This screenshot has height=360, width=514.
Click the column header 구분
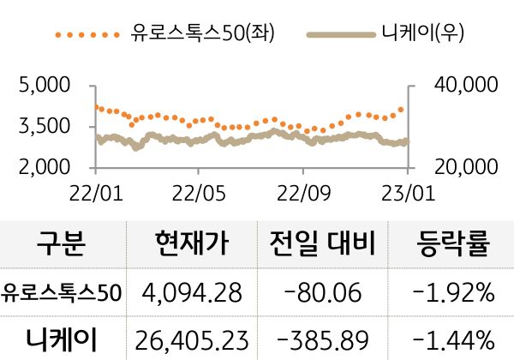62,245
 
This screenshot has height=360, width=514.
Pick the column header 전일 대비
323,245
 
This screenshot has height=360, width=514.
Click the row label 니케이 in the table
62,339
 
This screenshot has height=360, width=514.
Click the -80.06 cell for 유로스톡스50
323,293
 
